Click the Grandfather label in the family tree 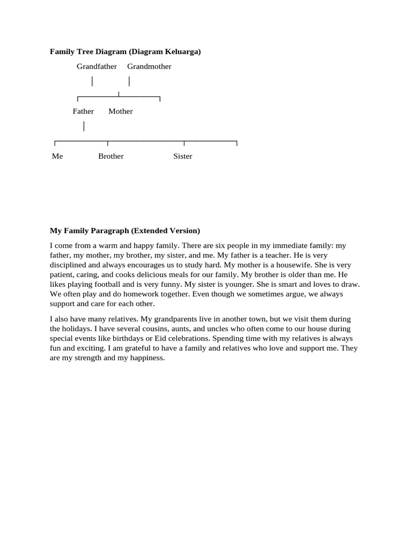tap(97, 66)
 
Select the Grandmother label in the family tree tap(149, 66)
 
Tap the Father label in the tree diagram tap(83, 112)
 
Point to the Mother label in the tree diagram tap(120, 112)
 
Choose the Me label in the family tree tap(57, 157)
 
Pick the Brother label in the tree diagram tap(111, 157)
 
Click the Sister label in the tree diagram tap(182, 157)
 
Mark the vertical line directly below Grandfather tap(92, 81)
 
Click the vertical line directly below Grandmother tap(129, 81)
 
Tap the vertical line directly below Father tap(84, 127)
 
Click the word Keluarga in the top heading tap(183, 52)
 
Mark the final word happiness tap(146, 358)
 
